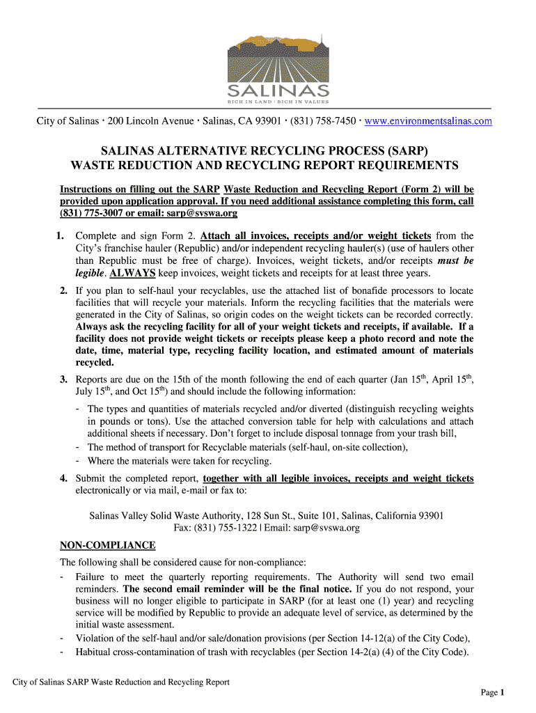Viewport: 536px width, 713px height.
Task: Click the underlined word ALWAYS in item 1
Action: pyautogui.click(x=132, y=272)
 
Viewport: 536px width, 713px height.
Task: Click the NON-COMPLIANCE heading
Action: pyautogui.click(x=108, y=544)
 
